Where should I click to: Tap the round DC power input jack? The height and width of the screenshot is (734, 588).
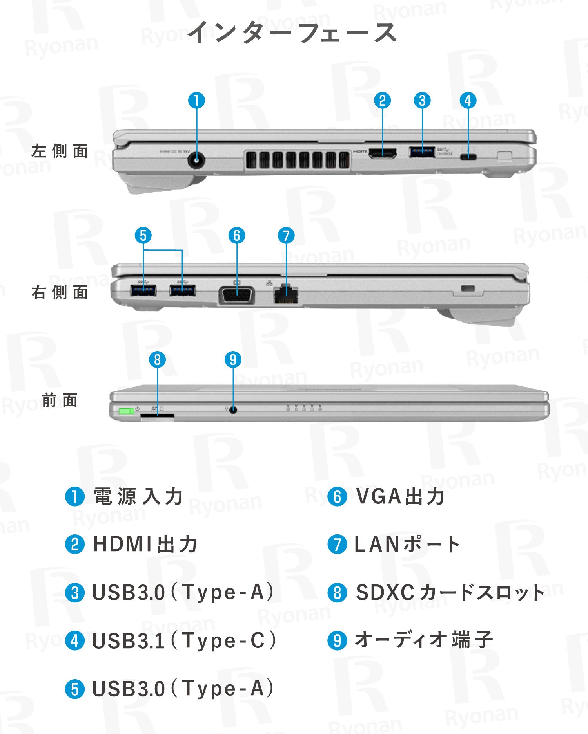click(x=196, y=161)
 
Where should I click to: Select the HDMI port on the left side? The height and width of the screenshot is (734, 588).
click(x=382, y=153)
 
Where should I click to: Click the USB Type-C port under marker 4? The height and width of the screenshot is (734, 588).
click(x=468, y=157)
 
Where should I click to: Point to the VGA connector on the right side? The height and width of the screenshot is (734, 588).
click(x=236, y=295)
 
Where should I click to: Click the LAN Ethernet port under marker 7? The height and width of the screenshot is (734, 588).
click(x=286, y=294)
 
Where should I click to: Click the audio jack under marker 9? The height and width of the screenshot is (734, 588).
click(x=233, y=410)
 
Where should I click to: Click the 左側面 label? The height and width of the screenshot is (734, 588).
click(x=60, y=151)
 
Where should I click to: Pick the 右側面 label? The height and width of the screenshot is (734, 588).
click(x=60, y=292)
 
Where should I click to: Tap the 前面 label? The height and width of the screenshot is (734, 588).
click(x=60, y=400)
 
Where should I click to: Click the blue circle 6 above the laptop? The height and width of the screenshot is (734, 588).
click(x=237, y=236)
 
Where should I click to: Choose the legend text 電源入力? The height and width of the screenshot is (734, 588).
click(x=138, y=496)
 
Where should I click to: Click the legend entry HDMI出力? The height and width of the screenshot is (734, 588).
click(x=145, y=545)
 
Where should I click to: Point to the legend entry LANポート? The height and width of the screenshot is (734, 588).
click(x=407, y=545)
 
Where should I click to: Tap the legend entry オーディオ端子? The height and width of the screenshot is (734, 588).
click(x=423, y=640)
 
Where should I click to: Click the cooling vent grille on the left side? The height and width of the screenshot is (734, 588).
click(x=298, y=160)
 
